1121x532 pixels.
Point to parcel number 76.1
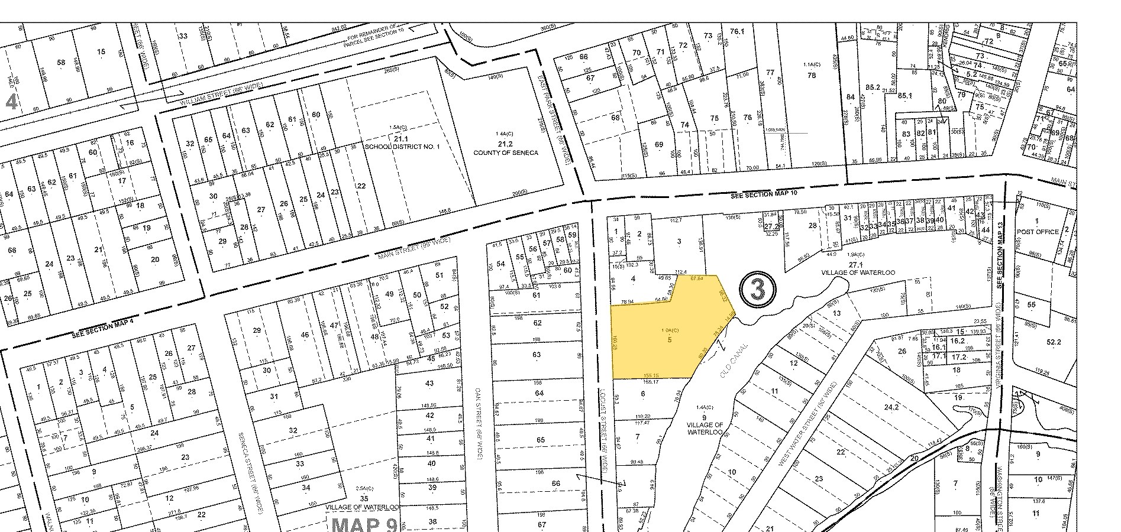(x=736, y=31)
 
